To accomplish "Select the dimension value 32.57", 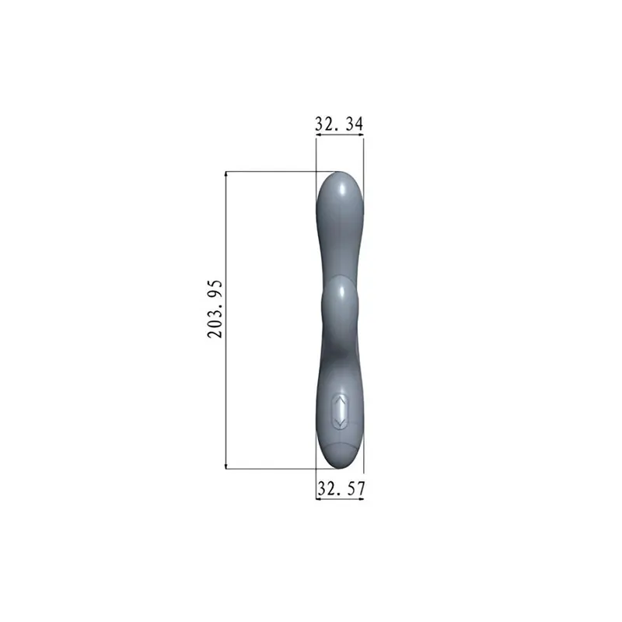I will point(340,489).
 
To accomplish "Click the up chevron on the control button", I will point(340,403).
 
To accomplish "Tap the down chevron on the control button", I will point(340,421).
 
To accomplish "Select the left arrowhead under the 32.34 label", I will point(319,136).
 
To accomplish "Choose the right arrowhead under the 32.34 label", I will point(360,136).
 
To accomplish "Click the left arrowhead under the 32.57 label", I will point(319,498).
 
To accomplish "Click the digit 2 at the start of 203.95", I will point(215,333).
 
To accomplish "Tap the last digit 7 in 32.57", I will point(360,489).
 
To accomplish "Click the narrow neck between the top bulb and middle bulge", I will point(339,249).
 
